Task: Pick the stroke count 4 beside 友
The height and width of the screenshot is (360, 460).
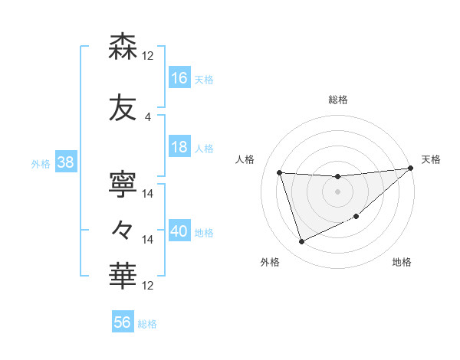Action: pyautogui.click(x=148, y=116)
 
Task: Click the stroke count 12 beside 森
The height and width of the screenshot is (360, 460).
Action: pyautogui.click(x=148, y=55)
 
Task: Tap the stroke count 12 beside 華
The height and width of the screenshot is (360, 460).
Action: pyautogui.click(x=148, y=285)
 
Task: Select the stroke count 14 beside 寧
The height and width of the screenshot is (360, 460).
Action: pyautogui.click(x=148, y=194)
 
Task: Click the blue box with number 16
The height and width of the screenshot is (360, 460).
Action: pyautogui.click(x=179, y=78)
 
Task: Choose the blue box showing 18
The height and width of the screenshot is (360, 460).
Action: pyautogui.click(x=179, y=147)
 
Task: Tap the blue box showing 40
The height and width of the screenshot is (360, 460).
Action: pyautogui.click(x=179, y=231)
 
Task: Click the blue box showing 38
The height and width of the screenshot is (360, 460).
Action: pyautogui.click(x=65, y=162)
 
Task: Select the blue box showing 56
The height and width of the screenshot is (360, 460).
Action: pyautogui.click(x=123, y=322)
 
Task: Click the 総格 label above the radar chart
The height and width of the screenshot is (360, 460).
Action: pyautogui.click(x=338, y=100)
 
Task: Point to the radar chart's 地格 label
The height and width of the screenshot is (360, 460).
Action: pyautogui.click(x=402, y=262)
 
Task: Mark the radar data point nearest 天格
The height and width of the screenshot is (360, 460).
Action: pyautogui.click(x=411, y=169)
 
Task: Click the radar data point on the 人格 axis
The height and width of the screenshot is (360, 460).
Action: pyautogui.click(x=280, y=172)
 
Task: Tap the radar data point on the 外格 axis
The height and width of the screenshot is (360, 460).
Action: pyautogui.click(x=301, y=242)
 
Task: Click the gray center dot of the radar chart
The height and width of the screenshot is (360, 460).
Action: pyautogui.click(x=337, y=191)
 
